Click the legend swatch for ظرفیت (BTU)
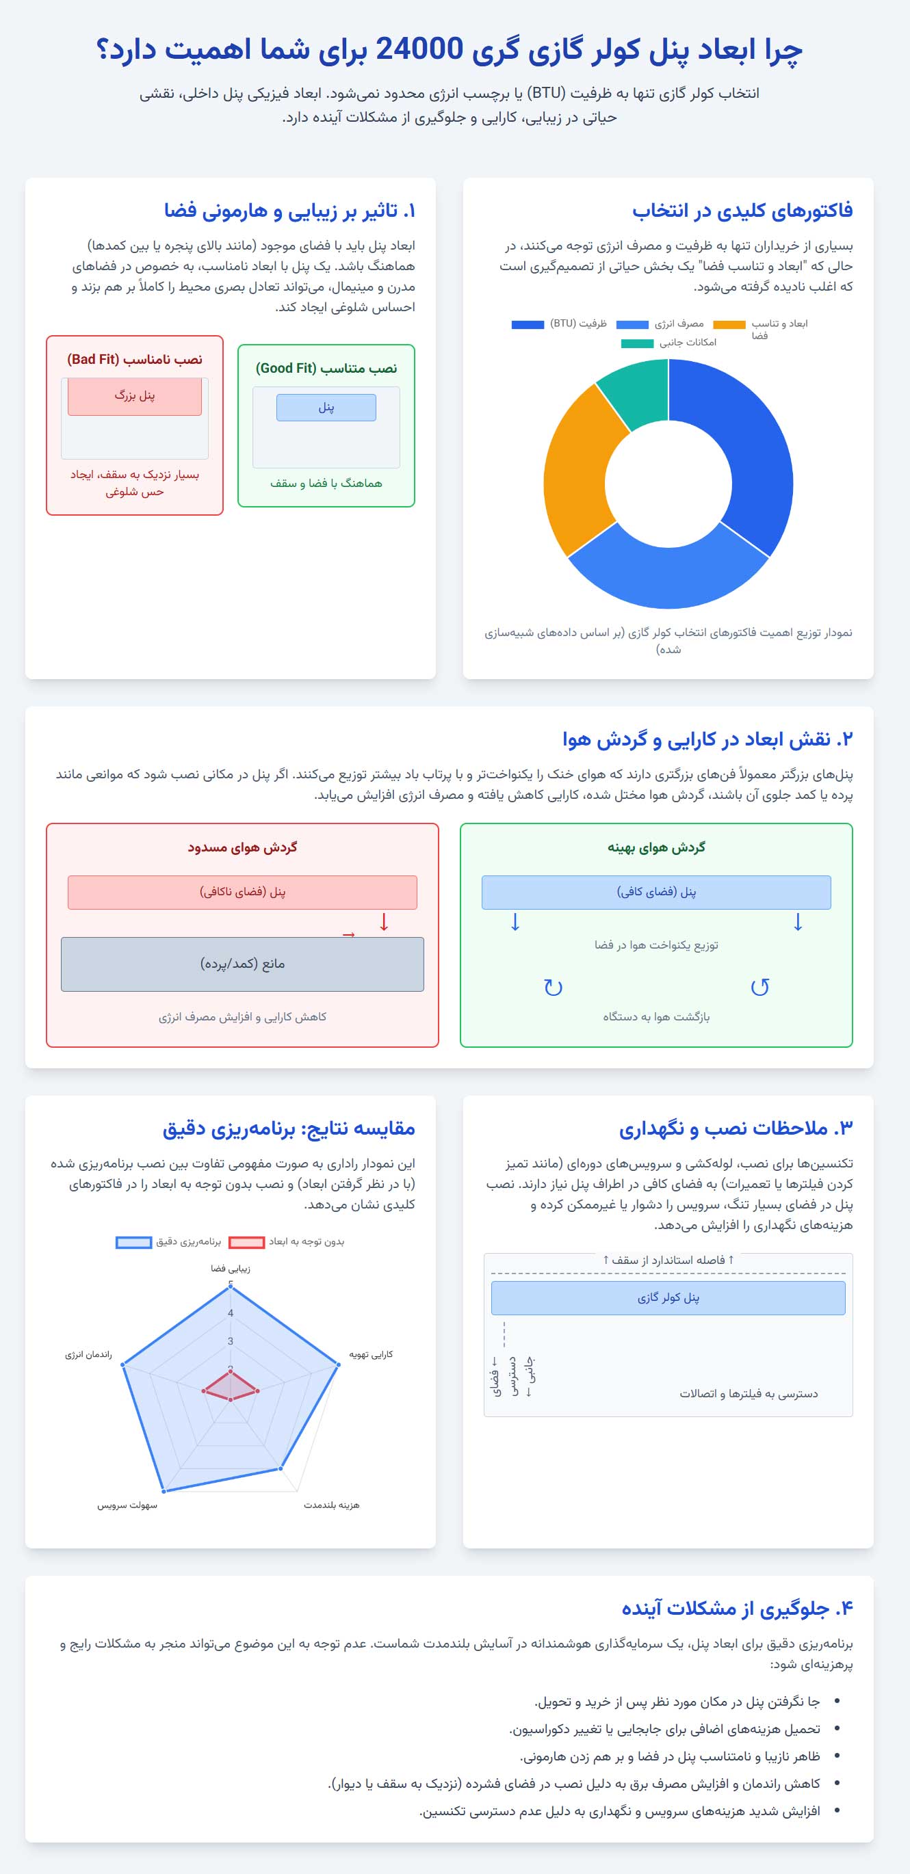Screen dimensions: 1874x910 click(x=528, y=324)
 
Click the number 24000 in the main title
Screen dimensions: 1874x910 click(x=419, y=49)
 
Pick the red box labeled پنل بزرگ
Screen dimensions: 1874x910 click(x=135, y=397)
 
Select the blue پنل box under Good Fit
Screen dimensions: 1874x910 click(x=326, y=408)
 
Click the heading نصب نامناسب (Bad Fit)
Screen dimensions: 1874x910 click(x=135, y=359)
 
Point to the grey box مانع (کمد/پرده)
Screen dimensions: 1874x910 click(x=242, y=964)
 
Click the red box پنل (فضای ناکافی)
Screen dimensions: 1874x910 click(x=242, y=892)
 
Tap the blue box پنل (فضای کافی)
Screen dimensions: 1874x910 click(x=656, y=892)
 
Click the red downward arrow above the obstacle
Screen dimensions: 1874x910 click(x=384, y=923)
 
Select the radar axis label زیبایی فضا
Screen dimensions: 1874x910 click(x=230, y=1268)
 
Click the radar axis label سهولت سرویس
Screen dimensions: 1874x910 click(x=127, y=1505)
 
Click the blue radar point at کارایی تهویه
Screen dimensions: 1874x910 click(x=338, y=1364)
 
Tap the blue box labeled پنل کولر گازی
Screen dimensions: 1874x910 click(x=668, y=1298)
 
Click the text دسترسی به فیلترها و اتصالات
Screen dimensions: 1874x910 click(x=749, y=1394)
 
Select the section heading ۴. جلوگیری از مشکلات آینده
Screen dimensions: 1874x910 click(x=737, y=1609)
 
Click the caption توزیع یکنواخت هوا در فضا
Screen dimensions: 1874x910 click(x=656, y=945)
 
